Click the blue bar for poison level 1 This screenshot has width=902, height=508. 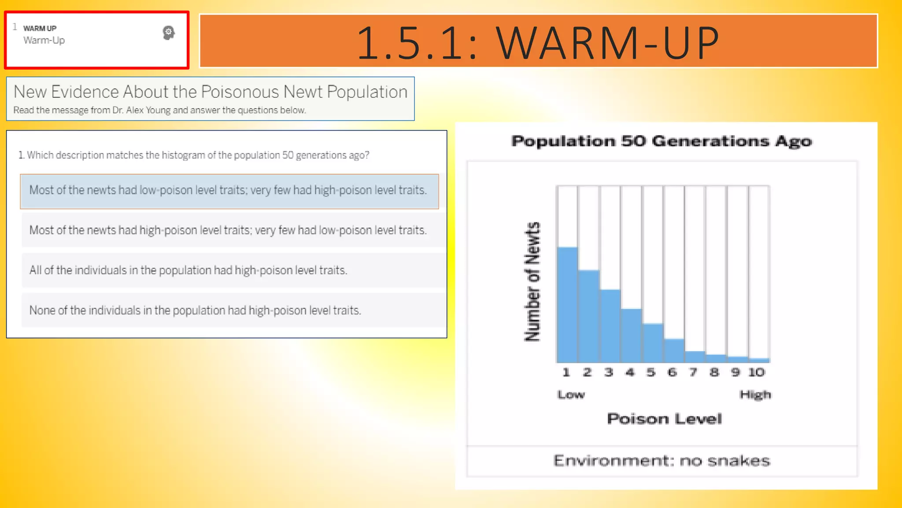point(567,304)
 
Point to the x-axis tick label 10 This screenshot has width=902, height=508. point(757,372)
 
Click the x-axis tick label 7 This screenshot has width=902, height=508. point(693,372)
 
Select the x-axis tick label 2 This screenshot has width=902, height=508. point(587,372)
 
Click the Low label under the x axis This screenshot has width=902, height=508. point(571,394)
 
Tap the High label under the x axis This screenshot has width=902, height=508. point(755,394)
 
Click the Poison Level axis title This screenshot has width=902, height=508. point(664,418)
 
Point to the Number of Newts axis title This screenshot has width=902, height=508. point(532,282)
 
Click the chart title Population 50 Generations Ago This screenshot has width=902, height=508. point(662,141)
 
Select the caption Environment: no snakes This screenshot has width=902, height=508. point(662,461)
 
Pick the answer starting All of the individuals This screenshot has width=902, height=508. point(189,270)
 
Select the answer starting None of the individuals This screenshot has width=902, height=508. point(195,310)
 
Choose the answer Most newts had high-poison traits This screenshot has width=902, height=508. point(228,230)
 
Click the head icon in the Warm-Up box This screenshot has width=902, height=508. point(168,33)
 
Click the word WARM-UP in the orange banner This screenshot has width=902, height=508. point(607,42)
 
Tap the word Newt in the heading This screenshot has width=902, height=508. point(303,92)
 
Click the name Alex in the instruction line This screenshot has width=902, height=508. point(134,110)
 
